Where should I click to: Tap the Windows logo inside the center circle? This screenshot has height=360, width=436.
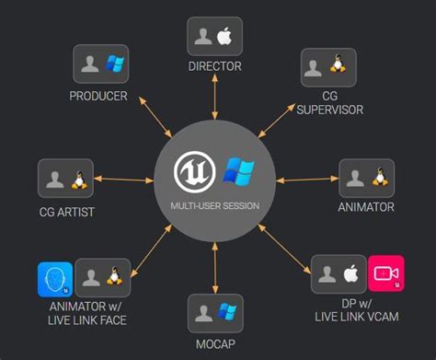[237, 172]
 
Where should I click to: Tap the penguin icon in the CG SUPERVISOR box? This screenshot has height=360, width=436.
[338, 66]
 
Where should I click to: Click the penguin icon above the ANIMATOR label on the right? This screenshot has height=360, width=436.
[378, 178]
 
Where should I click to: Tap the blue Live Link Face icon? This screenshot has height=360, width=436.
[55, 278]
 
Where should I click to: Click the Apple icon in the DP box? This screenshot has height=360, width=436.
[350, 273]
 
